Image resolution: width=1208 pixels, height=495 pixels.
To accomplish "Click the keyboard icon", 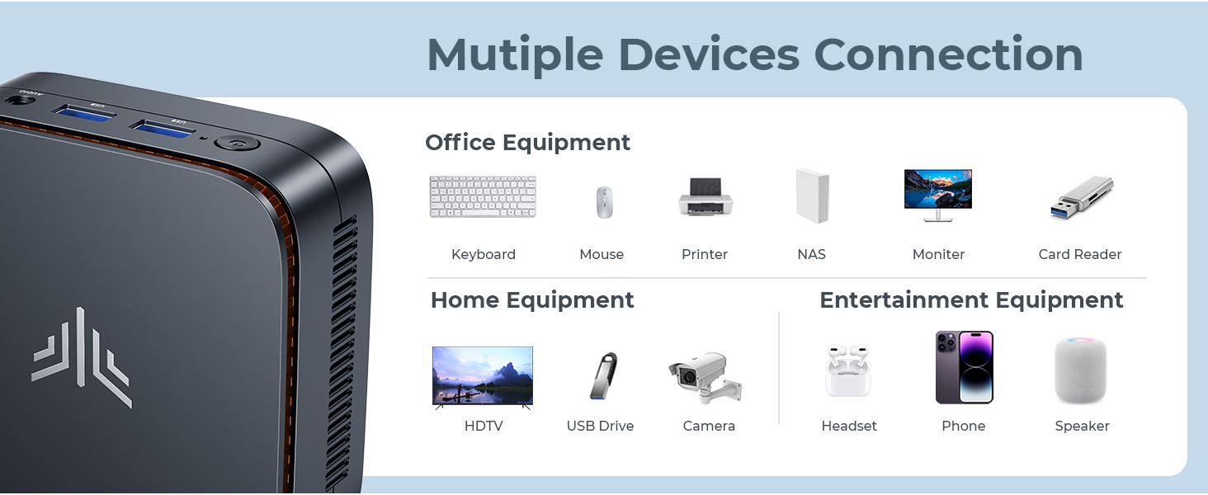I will click(483, 196).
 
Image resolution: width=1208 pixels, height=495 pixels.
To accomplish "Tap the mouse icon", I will click(605, 202).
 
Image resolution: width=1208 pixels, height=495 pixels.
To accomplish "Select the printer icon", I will click(705, 197).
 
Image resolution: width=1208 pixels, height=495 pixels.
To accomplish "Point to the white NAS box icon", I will click(812, 196).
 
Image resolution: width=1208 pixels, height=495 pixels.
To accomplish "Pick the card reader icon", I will click(1082, 198).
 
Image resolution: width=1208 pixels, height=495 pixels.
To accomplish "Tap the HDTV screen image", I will click(483, 377).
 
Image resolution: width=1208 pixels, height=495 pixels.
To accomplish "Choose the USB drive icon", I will click(603, 376).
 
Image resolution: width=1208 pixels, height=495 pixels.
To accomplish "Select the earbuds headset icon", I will click(847, 370).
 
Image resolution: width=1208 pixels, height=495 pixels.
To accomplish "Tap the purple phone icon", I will click(964, 367).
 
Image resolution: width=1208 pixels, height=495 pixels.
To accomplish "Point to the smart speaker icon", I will click(1080, 370).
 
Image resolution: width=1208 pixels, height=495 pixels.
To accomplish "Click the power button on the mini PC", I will click(238, 144).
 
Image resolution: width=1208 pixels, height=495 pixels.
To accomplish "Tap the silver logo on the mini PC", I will click(82, 356).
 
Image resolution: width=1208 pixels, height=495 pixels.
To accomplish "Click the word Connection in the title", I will click(948, 54).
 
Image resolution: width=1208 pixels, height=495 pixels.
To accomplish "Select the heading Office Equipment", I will click(527, 143).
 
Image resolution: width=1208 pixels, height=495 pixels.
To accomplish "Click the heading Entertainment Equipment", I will click(971, 300).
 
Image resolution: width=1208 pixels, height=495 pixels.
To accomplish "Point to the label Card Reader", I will click(1079, 255).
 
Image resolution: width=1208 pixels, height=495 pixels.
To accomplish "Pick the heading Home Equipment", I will click(532, 300).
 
